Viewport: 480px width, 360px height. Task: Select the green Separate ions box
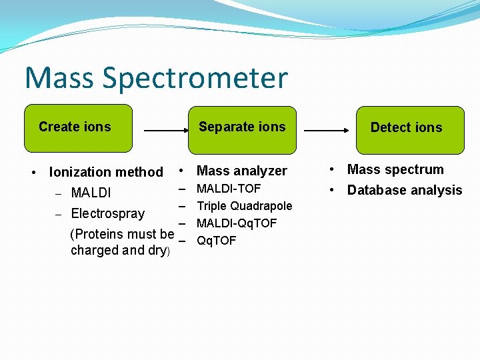click(242, 129)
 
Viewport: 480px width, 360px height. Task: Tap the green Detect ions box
click(409, 129)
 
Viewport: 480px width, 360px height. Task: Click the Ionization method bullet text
click(106, 172)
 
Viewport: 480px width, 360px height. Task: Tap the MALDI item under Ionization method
click(91, 193)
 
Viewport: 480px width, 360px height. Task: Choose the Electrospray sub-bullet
click(107, 213)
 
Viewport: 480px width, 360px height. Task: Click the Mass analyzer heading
click(242, 171)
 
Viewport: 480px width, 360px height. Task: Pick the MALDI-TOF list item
click(229, 189)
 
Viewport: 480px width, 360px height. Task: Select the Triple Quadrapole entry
click(244, 205)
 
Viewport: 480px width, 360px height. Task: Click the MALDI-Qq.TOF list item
click(237, 223)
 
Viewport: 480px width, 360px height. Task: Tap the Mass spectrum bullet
click(395, 169)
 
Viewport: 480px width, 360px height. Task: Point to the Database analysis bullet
click(405, 190)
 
